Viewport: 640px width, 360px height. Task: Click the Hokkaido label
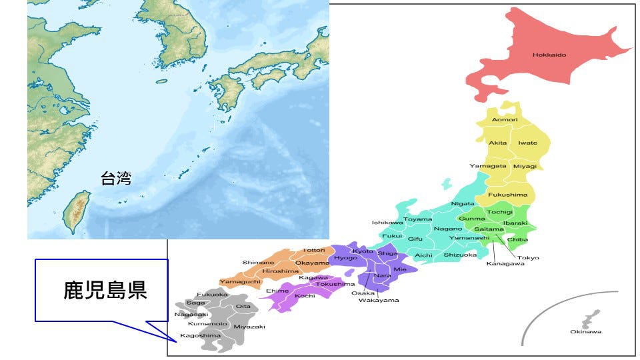click(549, 55)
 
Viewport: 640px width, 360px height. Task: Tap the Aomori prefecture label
click(505, 119)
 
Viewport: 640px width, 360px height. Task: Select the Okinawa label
click(585, 331)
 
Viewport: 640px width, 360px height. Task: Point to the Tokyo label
click(528, 257)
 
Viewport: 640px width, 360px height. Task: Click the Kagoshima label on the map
click(200, 335)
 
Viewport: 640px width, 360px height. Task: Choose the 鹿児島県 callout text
click(105, 290)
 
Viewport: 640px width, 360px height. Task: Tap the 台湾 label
click(116, 178)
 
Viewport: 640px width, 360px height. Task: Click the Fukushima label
click(508, 195)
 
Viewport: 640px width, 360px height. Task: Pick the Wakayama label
click(379, 300)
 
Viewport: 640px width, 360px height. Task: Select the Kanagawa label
click(505, 263)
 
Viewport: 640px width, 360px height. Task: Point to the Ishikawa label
click(387, 222)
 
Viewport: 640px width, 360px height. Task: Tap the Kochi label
click(305, 295)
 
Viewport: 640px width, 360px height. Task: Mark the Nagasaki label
click(191, 314)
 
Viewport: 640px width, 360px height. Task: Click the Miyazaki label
click(249, 327)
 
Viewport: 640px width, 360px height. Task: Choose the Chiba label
click(517, 239)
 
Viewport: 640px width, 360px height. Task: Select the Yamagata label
click(488, 165)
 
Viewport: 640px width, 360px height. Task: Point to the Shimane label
click(258, 262)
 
